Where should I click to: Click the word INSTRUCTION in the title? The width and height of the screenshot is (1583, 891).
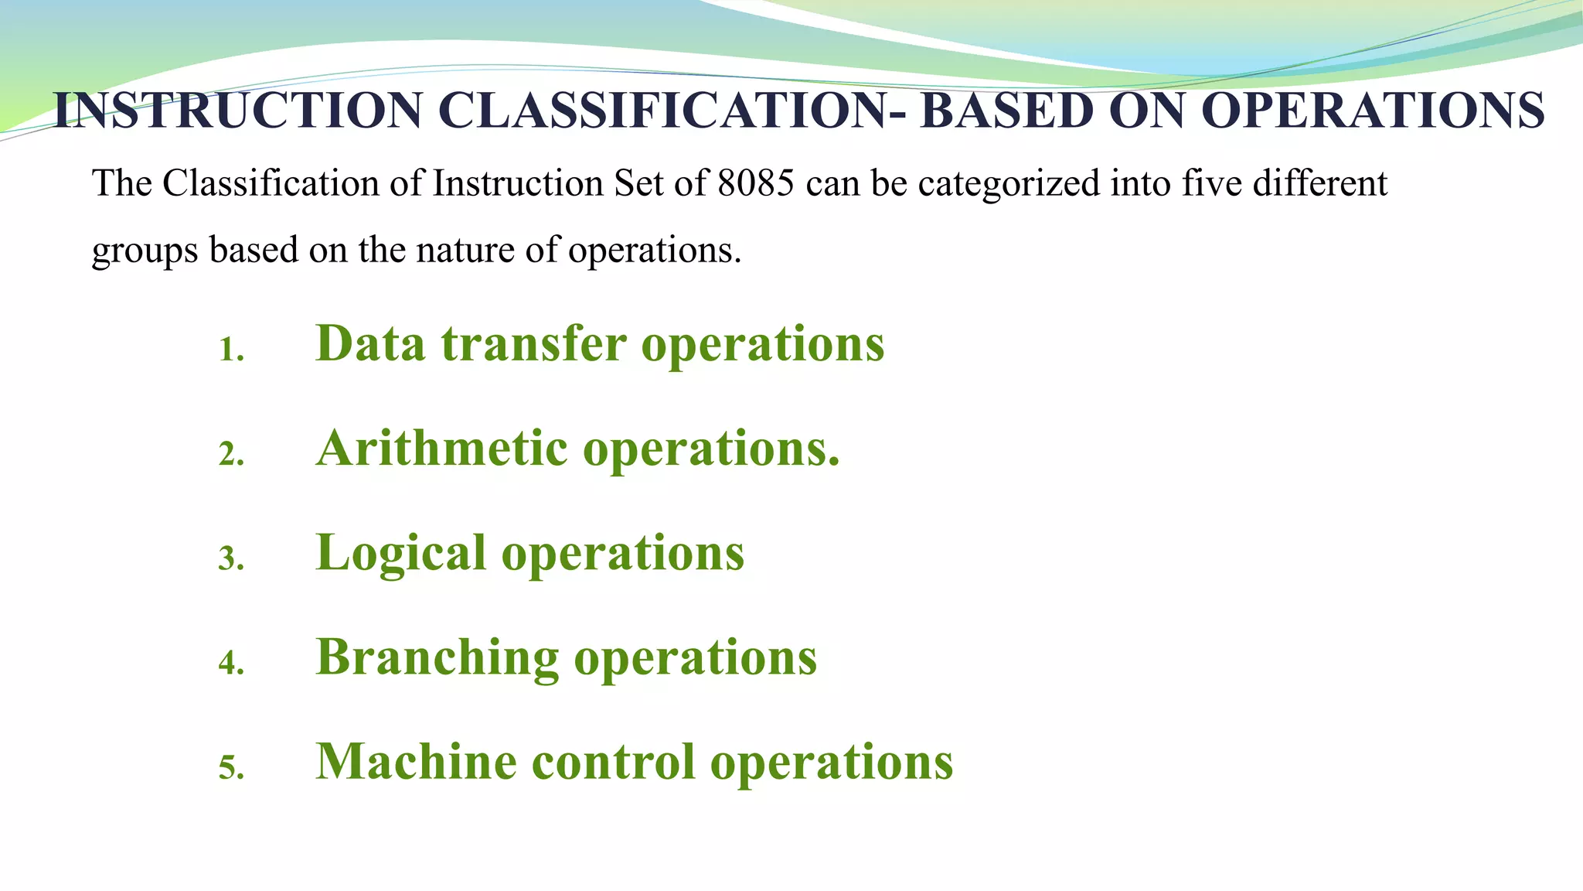coord(238,111)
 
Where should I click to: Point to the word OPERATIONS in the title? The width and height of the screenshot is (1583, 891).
coord(1372,111)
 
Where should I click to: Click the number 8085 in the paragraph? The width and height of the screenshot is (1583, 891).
coord(755,184)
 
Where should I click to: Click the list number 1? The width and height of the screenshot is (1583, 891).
coord(230,351)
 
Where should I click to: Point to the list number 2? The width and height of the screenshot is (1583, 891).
coord(230,455)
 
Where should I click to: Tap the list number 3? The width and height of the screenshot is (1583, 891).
coord(230,559)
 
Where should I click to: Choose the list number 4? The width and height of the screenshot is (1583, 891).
coord(230,664)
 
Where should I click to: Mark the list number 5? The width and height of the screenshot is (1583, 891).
coord(230,768)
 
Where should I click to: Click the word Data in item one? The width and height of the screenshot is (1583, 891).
coord(370,343)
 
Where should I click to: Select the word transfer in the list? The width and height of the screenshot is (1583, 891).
coord(533,343)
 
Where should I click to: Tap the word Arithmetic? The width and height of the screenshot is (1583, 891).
coord(441,449)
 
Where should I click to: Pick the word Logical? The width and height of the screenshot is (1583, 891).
coord(400,554)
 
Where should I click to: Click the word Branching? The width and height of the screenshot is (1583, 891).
coord(437,658)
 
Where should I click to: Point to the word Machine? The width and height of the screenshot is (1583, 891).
coord(416,762)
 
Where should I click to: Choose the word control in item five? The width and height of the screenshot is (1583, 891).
coord(613,762)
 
